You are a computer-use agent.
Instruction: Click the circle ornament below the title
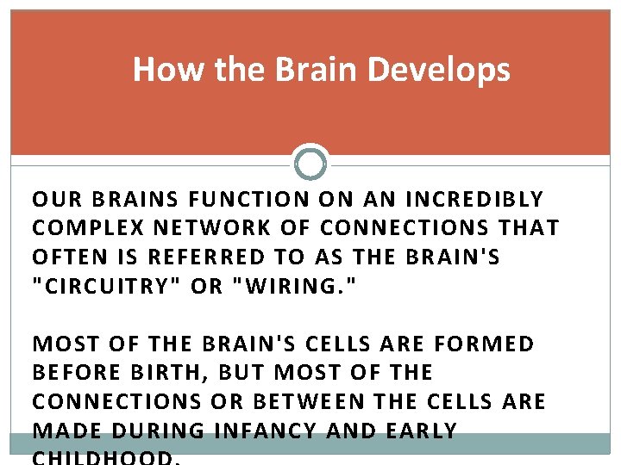pyautogui.click(x=310, y=162)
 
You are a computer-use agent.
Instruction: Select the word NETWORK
pyautogui.click(x=195, y=228)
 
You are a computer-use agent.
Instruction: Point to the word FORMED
pyautogui.click(x=485, y=344)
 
